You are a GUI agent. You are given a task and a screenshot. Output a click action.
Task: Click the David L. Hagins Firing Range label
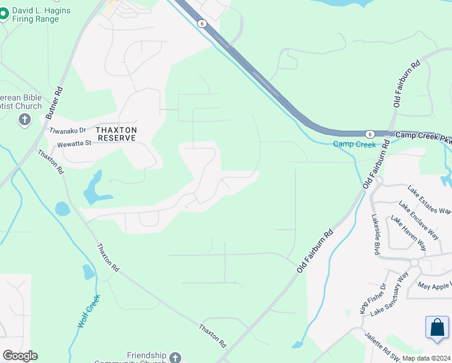pyautogui.click(x=40, y=15)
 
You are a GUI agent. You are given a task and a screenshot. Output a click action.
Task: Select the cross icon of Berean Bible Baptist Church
pyautogui.click(x=24, y=119)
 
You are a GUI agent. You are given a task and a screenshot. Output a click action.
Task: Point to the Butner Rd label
pyautogui.click(x=60, y=97)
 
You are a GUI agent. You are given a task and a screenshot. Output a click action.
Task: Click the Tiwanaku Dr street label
pyautogui.click(x=68, y=131)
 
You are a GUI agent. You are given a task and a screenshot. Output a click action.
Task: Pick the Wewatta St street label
pyautogui.click(x=74, y=143)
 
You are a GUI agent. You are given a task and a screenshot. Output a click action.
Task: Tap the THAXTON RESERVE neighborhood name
pyautogui.click(x=117, y=134)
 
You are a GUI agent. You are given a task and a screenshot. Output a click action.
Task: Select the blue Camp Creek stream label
pyautogui.click(x=354, y=144)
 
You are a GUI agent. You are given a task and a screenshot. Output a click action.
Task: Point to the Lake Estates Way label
pyautogui.click(x=429, y=200)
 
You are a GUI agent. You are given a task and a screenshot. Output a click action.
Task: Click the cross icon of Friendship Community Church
pyautogui.click(x=175, y=357)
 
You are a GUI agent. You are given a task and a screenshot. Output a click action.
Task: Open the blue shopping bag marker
pyautogui.click(x=437, y=327)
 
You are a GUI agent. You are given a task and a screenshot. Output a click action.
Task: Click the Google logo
pyautogui.click(x=20, y=356)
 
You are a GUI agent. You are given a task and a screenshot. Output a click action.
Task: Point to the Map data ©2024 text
pyautogui.click(x=426, y=358)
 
